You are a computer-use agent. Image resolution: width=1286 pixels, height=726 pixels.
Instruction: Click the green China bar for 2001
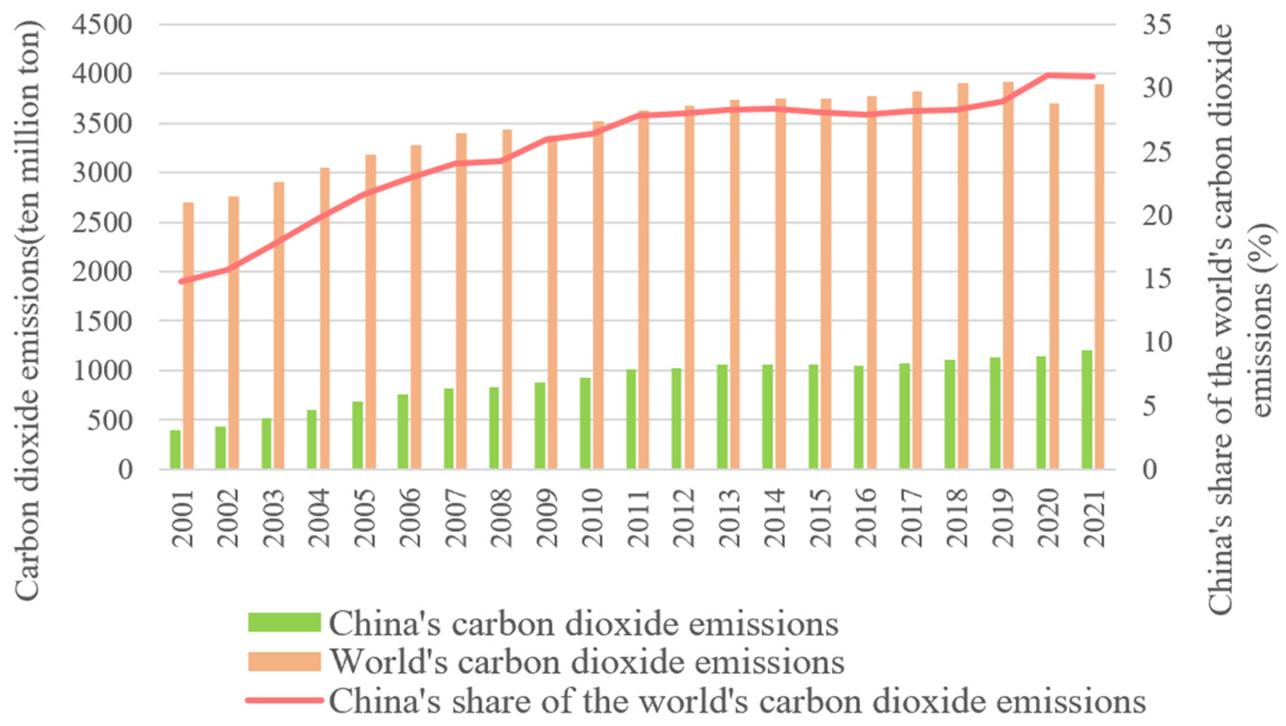(175, 449)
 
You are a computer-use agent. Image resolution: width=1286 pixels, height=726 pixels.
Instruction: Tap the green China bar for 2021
(1087, 410)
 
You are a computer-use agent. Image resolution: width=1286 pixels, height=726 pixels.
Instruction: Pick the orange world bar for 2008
(507, 299)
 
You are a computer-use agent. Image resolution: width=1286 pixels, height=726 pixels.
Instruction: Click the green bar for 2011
(631, 420)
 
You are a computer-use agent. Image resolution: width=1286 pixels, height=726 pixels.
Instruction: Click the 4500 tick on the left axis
(102, 25)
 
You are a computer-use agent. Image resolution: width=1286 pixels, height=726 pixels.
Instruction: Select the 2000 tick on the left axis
(102, 272)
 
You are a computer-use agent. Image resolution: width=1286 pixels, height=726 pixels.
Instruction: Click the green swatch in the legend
(284, 622)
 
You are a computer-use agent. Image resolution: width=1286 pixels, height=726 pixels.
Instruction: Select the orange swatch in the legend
(284, 661)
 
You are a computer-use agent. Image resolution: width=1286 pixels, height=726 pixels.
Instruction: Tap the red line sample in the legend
(284, 700)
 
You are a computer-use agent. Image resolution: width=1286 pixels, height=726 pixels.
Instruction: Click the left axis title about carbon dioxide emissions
(28, 310)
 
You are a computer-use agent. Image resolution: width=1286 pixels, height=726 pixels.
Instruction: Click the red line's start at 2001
(182, 281)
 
